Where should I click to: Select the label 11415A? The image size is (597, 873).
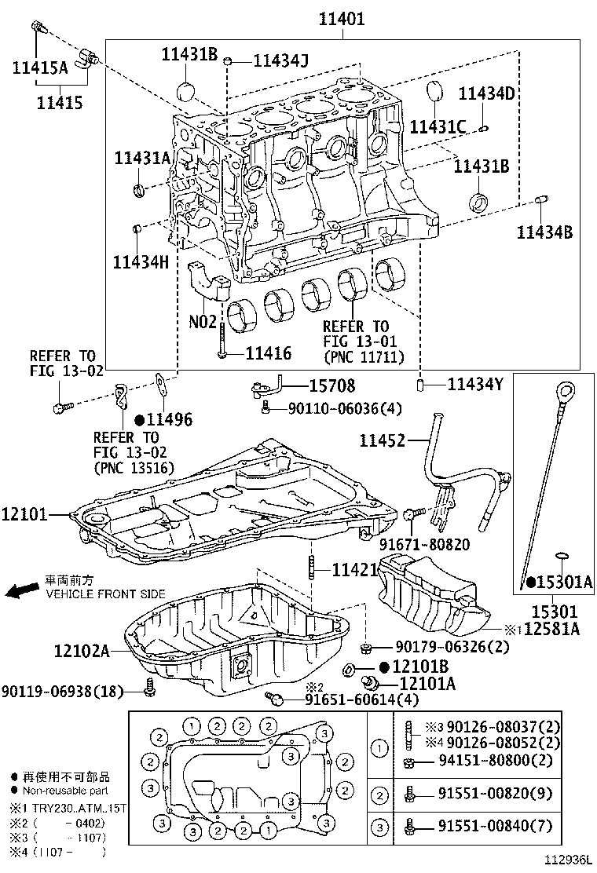pos(40,68)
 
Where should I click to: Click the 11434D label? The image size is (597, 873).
pos(486,94)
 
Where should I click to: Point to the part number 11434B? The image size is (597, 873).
pos(544,232)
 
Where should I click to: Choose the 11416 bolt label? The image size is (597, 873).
pos(268,354)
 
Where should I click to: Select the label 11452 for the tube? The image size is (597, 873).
pos(383,442)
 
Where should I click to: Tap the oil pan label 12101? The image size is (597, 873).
pos(24,516)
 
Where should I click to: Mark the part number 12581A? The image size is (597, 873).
pos(552,628)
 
